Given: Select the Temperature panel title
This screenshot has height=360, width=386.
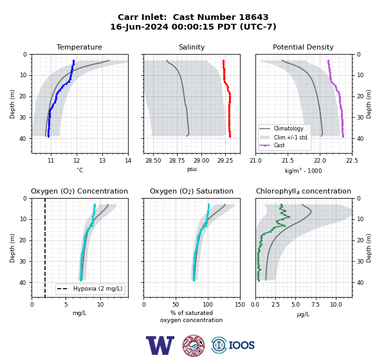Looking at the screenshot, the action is click(x=79, y=47).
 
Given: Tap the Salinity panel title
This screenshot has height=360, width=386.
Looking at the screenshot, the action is click(x=192, y=47).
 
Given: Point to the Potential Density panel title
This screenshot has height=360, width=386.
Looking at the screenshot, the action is click(x=303, y=47).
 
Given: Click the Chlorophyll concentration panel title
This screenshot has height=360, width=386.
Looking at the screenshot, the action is click(x=303, y=191).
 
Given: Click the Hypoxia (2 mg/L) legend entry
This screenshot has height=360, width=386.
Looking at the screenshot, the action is click(x=90, y=289).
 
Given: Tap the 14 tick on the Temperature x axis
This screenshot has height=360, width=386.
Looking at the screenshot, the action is click(x=128, y=161).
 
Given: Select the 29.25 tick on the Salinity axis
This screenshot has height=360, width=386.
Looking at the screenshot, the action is click(x=225, y=161).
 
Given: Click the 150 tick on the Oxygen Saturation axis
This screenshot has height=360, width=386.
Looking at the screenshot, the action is click(x=240, y=305).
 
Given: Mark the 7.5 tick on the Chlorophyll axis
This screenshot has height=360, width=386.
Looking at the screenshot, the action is click(x=316, y=305).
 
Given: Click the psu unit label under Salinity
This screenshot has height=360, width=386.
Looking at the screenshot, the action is click(x=192, y=169).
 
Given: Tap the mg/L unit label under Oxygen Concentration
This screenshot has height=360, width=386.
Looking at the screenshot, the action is click(x=79, y=313).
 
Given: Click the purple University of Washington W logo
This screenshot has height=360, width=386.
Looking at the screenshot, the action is click(x=160, y=345).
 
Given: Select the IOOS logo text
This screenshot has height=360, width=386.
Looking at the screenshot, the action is click(x=241, y=345).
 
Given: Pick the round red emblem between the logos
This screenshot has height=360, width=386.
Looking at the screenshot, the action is click(x=194, y=345).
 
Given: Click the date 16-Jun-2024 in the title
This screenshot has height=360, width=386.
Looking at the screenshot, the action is click(x=139, y=26).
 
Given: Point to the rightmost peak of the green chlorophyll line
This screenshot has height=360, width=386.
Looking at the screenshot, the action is click(x=289, y=217).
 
